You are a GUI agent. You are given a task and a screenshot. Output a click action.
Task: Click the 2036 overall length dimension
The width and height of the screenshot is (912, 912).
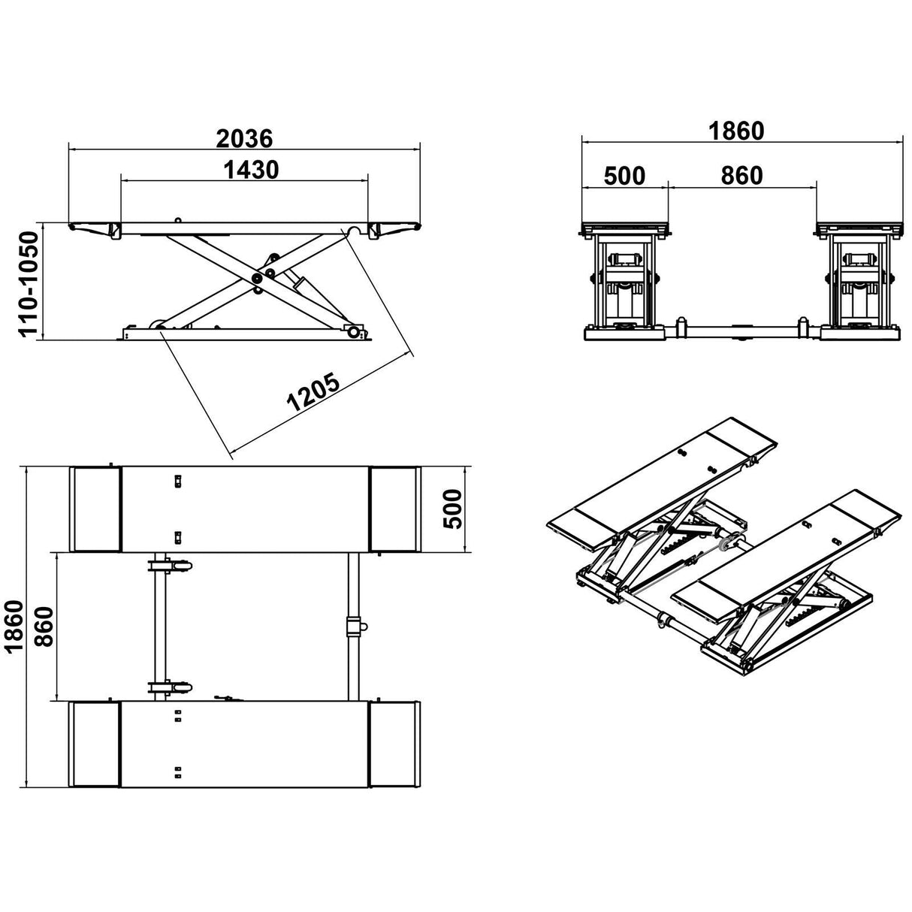pyautogui.click(x=244, y=138)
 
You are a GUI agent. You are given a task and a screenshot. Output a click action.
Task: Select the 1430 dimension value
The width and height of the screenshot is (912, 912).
pyautogui.click(x=251, y=171)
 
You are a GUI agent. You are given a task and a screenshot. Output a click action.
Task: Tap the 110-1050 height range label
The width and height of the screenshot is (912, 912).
pyautogui.click(x=29, y=284)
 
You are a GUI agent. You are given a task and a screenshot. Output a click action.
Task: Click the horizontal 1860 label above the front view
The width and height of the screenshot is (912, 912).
pyautogui.click(x=736, y=131)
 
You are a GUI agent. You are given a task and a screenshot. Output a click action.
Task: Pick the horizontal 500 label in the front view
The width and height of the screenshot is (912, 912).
pyautogui.click(x=624, y=176)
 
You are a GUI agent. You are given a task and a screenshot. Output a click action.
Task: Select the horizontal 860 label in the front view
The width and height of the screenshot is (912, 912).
pyautogui.click(x=741, y=176)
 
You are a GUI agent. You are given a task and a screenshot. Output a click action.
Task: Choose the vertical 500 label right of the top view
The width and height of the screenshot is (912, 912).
pyautogui.click(x=452, y=509)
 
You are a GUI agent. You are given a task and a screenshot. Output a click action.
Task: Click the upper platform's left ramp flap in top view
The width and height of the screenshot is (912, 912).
pyautogui.click(x=95, y=509)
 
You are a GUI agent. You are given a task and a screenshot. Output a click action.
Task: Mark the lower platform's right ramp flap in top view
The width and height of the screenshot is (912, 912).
pyautogui.click(x=394, y=744)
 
